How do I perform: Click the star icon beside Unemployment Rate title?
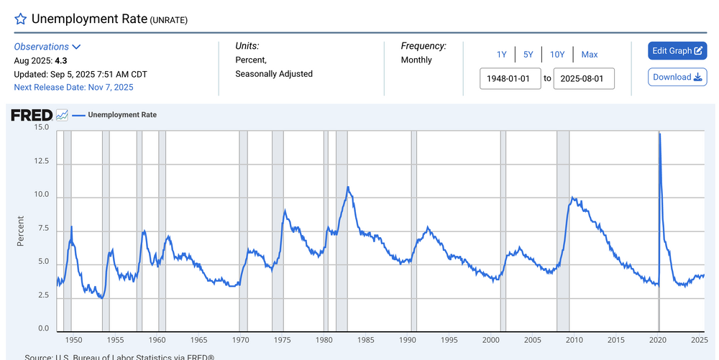(21, 19)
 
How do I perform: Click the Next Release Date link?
(73, 88)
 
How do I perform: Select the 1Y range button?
(502, 55)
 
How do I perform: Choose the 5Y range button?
(528, 55)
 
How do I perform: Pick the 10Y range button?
(557, 55)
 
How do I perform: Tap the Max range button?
(590, 55)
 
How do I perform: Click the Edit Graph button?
(677, 51)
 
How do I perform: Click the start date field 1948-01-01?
(510, 78)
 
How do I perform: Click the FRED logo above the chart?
(32, 115)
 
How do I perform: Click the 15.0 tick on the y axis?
(42, 128)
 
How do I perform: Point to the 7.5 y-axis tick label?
(44, 229)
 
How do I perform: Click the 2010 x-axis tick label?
(574, 340)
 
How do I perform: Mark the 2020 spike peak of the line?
(660, 134)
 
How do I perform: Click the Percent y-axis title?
(20, 231)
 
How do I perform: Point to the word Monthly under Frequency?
(416, 60)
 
